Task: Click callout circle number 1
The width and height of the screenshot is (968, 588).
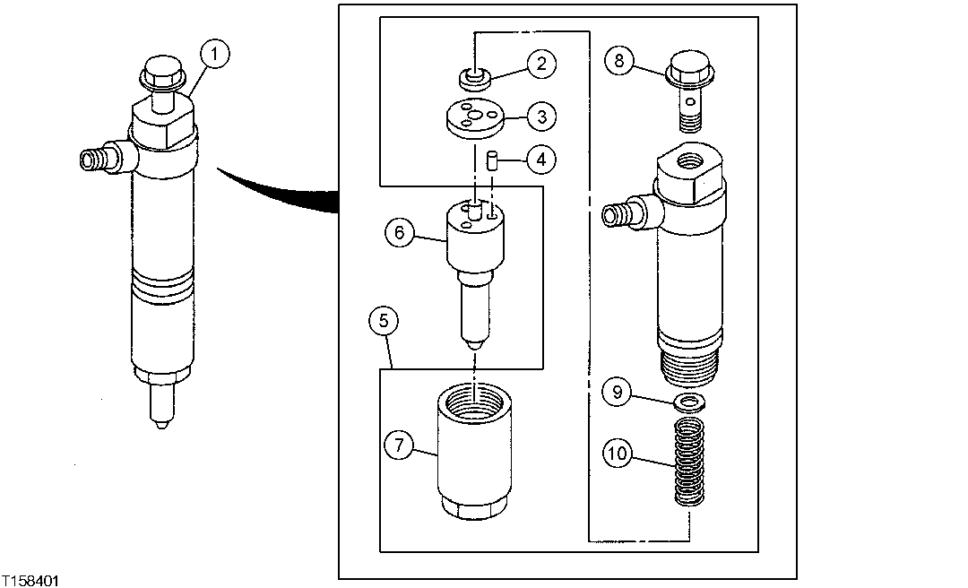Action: point(214,55)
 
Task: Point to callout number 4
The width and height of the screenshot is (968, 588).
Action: point(540,160)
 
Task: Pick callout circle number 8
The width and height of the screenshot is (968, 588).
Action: point(618,61)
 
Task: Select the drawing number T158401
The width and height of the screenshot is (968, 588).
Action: point(30,581)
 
